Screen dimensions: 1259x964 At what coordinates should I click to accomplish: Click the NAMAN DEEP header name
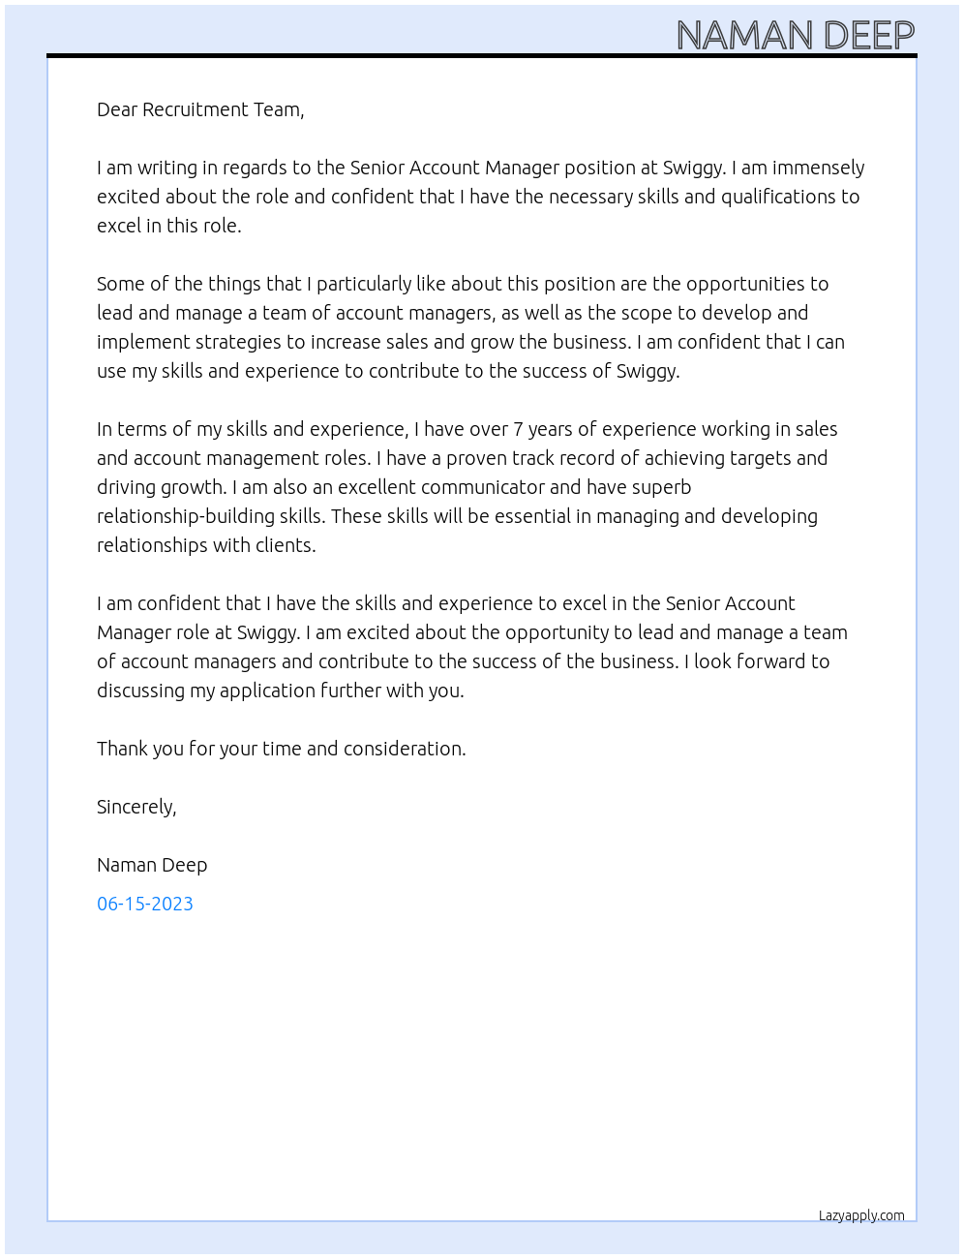pyautogui.click(x=795, y=36)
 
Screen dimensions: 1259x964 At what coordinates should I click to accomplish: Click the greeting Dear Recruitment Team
pyautogui.click(x=200, y=109)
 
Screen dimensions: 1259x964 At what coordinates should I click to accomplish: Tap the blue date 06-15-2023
pyautogui.click(x=145, y=904)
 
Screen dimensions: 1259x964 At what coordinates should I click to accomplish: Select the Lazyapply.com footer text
pyautogui.click(x=861, y=1215)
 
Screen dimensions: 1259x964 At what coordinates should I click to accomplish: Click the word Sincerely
pyautogui.click(x=136, y=807)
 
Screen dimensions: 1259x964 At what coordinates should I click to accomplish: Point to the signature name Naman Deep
pyautogui.click(x=152, y=865)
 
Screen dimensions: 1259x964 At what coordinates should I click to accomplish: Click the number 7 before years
pyautogui.click(x=519, y=429)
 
